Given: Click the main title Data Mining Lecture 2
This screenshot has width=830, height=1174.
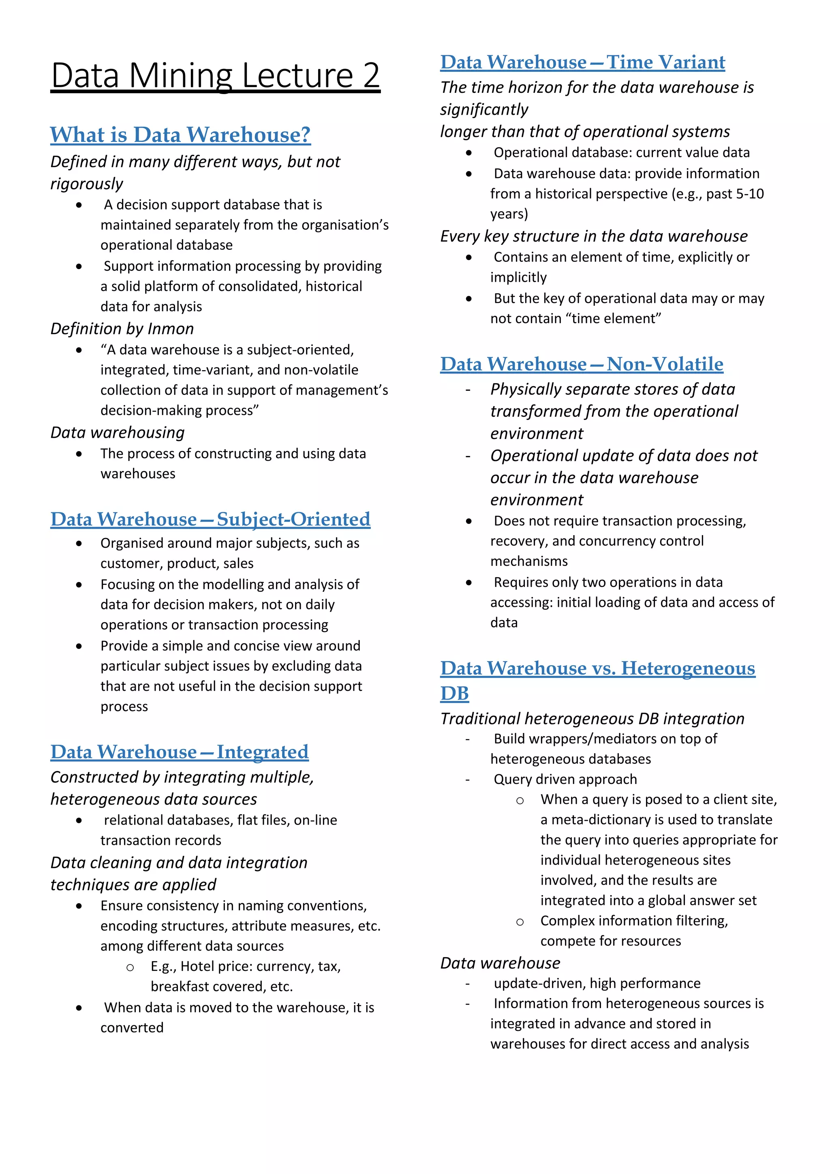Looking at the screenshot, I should tap(215, 76).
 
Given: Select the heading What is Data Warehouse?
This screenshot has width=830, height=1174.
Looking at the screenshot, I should tap(180, 135).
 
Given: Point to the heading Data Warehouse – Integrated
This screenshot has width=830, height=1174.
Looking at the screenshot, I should tap(180, 752).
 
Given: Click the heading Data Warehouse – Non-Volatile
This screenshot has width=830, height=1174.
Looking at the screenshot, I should tap(582, 364).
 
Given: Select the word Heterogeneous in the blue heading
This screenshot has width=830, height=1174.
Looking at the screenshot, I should tap(688, 668).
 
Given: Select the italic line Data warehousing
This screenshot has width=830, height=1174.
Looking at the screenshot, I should tap(117, 433).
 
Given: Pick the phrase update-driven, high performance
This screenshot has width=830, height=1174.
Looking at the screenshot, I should tap(597, 983).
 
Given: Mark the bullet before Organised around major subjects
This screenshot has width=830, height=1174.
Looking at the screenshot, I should tap(79, 544).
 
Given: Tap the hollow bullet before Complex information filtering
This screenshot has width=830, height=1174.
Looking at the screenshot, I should tap(520, 922).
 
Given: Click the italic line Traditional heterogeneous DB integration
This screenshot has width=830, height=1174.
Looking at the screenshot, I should tap(592, 718).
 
